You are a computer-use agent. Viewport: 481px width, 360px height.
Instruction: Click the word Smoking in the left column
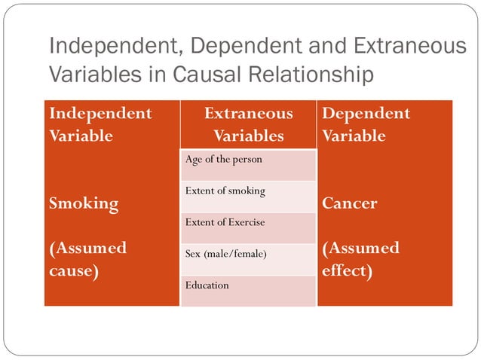[x=84, y=203]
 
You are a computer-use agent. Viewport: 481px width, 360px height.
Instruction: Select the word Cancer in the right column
[x=350, y=203]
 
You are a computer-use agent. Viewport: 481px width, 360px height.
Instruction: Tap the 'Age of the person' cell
[x=248, y=164]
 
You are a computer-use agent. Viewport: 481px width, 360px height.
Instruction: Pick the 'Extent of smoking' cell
[x=248, y=196]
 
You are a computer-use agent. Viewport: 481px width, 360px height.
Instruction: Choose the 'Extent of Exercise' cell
[x=248, y=227]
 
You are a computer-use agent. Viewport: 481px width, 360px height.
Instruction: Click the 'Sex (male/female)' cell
[x=248, y=259]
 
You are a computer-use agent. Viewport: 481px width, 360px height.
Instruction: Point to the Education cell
[x=248, y=290]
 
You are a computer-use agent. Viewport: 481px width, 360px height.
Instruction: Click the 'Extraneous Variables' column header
[x=248, y=125]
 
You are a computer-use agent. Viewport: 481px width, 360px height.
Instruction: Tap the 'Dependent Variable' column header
[x=366, y=125]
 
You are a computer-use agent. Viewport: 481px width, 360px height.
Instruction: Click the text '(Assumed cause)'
[x=87, y=259]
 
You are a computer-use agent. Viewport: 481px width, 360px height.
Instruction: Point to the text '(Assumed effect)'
[x=360, y=259]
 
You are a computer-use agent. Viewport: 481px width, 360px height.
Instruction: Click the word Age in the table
[x=193, y=160]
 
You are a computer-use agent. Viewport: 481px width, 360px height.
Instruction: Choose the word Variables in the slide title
[x=89, y=75]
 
